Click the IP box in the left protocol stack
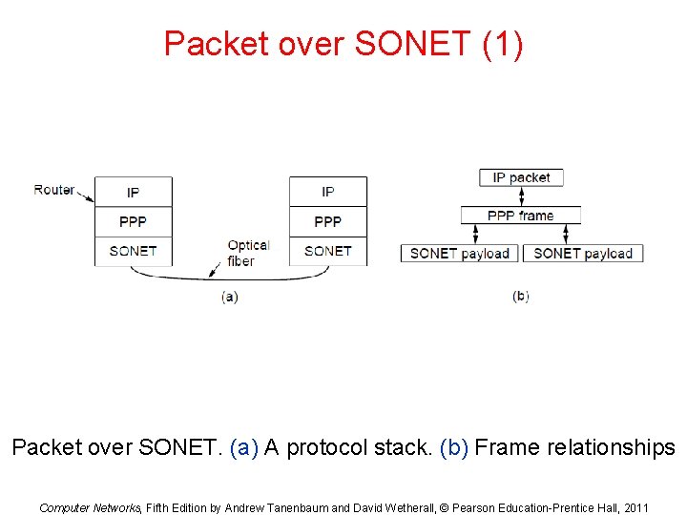[133, 192]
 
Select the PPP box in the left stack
[133, 221]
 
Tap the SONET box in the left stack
[133, 251]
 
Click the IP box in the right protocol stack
[327, 192]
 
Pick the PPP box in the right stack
[327, 221]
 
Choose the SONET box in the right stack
[327, 251]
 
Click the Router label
[54, 190]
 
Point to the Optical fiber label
[248, 253]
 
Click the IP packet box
[521, 177]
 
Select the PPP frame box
[520, 216]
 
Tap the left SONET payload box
[459, 253]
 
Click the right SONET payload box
[583, 253]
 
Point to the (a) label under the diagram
[229, 297]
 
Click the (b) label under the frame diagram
[520, 297]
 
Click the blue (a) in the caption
[245, 447]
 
